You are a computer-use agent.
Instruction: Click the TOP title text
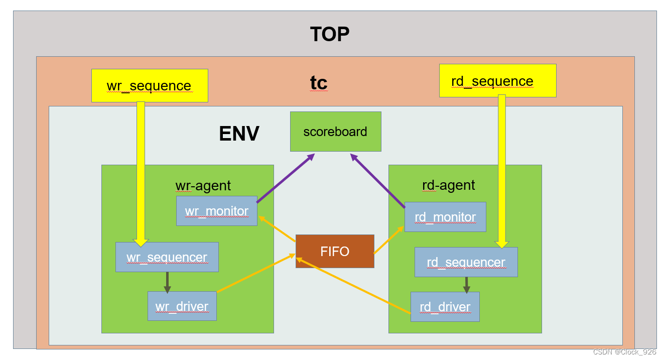pos(330,35)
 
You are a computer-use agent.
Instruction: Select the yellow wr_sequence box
pos(150,86)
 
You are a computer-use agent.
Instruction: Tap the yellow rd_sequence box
pos(497,81)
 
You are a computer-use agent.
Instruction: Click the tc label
pos(319,83)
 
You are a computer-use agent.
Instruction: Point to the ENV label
pos(239,134)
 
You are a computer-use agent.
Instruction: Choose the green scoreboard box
pos(335,132)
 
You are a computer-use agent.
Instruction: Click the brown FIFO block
pos(335,251)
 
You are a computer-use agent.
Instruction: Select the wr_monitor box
pos(217,211)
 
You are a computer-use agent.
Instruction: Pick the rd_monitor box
pos(445,217)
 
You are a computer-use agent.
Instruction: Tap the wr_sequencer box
pos(167,257)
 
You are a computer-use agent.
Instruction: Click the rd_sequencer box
pos(466,262)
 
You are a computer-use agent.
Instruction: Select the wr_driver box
pos(182,306)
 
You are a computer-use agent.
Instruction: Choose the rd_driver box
pos(445,307)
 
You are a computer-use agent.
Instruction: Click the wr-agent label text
pos(203,186)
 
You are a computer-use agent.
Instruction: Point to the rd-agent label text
pos(448,185)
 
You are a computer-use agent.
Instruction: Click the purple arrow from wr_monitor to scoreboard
pos(285,178)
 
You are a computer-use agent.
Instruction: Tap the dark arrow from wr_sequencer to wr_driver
pos(167,282)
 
